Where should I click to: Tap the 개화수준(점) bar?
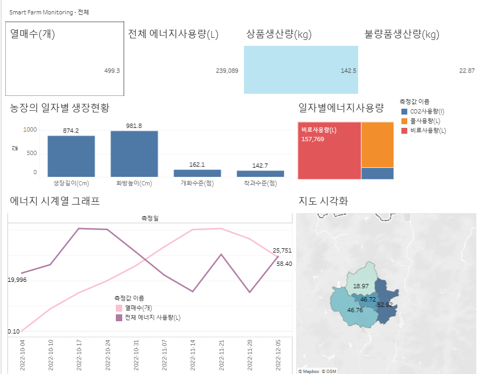click(x=197, y=173)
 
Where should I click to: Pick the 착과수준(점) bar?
click(x=260, y=174)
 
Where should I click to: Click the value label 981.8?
click(x=135, y=126)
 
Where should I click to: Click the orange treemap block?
click(x=377, y=144)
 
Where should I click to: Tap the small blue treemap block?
click(x=377, y=173)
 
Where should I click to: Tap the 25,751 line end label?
click(x=282, y=250)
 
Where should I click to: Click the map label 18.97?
click(x=360, y=286)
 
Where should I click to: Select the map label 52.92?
click(x=385, y=305)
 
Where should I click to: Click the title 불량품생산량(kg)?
click(x=401, y=35)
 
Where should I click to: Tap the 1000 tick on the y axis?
click(x=30, y=130)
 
